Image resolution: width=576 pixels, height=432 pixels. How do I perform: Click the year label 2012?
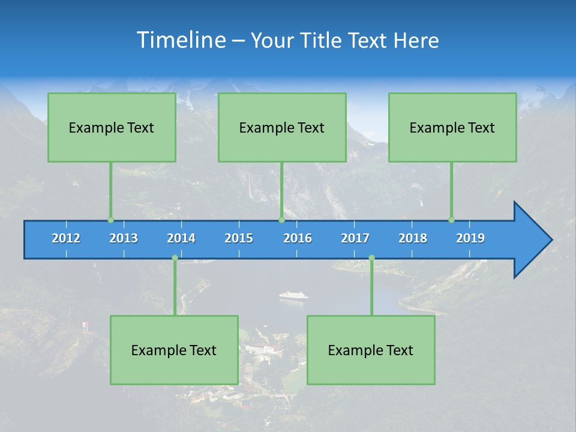coord(66,238)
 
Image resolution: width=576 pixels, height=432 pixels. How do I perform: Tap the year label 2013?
coord(124,238)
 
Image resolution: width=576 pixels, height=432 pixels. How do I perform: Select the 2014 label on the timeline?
coord(181,238)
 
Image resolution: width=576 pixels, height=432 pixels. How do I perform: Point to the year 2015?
coord(239,238)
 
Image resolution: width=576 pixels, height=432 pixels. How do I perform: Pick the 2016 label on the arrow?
coord(298,238)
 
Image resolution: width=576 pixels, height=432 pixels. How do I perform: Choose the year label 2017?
coord(355,238)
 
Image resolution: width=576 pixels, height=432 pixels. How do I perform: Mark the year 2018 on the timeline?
coord(413,238)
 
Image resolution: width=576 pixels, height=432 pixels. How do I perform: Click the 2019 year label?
coord(470,238)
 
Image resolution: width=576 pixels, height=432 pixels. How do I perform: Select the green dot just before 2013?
coord(110,220)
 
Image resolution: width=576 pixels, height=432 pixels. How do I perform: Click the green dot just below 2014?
coord(175,258)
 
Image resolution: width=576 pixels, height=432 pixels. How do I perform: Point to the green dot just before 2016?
coord(281,220)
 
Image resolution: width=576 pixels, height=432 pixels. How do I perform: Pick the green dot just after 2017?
coord(371,258)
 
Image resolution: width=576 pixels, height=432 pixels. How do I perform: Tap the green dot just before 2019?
coord(451,220)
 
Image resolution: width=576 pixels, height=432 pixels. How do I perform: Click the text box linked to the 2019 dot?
coord(452,127)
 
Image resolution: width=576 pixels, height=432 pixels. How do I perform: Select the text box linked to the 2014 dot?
coord(174,350)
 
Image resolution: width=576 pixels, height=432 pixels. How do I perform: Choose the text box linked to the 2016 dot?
coord(282,127)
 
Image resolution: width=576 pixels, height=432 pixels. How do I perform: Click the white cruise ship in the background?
coord(293,295)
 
